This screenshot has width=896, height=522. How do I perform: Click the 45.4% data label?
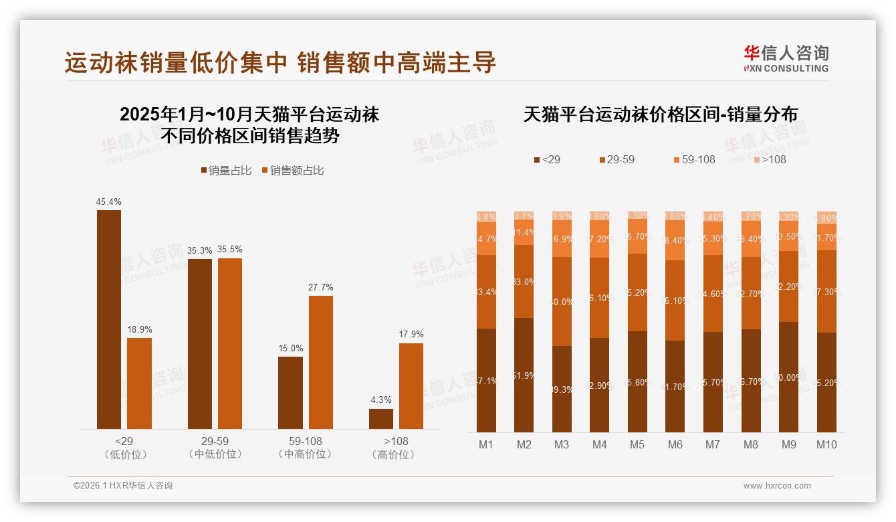tap(109, 201)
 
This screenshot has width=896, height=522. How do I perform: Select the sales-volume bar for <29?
tap(109, 319)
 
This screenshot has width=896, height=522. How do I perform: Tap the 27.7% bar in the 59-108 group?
tap(320, 362)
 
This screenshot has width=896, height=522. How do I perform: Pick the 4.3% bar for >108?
tap(381, 418)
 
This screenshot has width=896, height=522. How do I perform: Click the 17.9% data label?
tap(411, 334)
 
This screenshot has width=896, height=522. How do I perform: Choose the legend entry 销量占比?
tap(226, 171)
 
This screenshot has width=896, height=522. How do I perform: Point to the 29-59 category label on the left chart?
tap(215, 441)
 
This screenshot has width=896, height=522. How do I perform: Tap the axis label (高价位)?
tap(396, 454)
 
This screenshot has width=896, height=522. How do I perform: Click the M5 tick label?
tap(637, 444)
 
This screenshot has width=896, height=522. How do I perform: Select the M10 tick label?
tap(826, 444)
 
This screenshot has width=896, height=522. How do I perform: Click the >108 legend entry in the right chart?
tap(770, 159)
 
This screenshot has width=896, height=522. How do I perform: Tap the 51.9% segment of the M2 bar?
tap(524, 375)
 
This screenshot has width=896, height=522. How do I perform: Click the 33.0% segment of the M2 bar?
tap(524, 282)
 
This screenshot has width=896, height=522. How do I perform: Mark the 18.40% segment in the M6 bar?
tap(675, 240)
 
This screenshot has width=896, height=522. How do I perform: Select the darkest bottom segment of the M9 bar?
tap(789, 377)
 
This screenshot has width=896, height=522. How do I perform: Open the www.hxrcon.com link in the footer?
tap(777, 486)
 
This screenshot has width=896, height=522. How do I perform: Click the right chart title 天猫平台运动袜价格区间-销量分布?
tap(660, 114)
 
